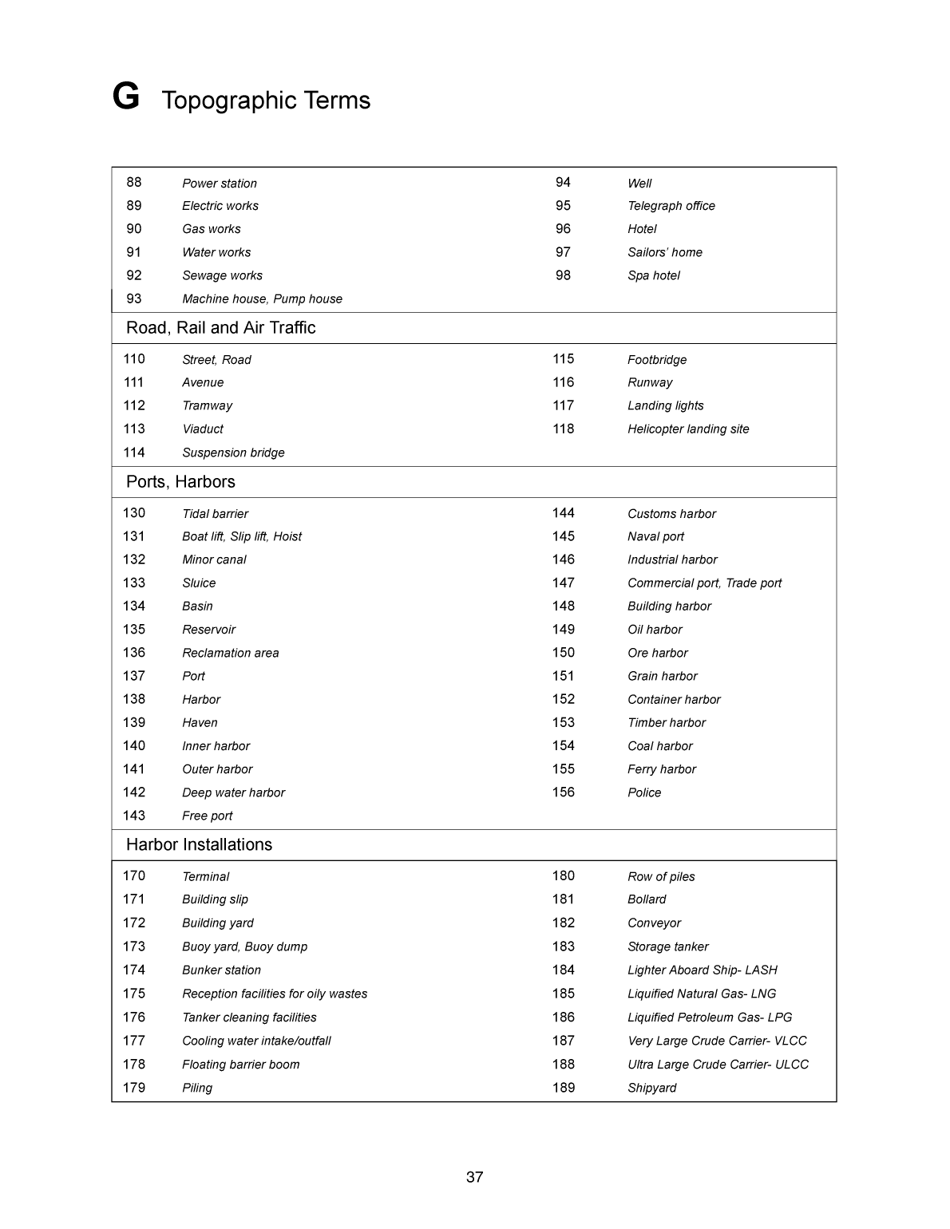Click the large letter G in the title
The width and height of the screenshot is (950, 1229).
(x=126, y=97)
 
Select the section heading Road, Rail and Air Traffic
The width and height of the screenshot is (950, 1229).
(x=220, y=328)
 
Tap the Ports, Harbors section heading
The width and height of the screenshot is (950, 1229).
(x=180, y=482)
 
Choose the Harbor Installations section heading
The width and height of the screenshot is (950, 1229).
(x=199, y=845)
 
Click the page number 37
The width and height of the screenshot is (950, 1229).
(x=474, y=1177)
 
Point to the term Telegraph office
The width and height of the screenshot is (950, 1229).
(x=671, y=206)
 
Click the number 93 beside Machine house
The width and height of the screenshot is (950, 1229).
(x=134, y=298)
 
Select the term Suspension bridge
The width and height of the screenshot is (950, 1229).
(x=233, y=452)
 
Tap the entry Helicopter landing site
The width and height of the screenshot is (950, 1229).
(x=688, y=429)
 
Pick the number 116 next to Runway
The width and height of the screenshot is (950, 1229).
(x=563, y=382)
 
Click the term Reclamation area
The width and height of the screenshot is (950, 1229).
(x=230, y=653)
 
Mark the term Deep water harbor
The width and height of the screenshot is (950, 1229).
(x=233, y=792)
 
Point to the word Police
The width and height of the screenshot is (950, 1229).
(x=644, y=792)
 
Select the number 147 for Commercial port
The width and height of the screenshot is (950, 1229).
(x=563, y=583)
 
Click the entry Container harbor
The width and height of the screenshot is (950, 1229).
(x=674, y=700)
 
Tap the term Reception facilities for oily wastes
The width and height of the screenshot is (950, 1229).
(x=275, y=994)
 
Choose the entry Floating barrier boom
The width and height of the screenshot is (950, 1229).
(x=240, y=1065)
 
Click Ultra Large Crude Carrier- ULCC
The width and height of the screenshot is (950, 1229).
(x=718, y=1065)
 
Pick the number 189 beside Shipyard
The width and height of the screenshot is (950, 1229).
(x=563, y=1088)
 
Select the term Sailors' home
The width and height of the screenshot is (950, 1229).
(x=664, y=252)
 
